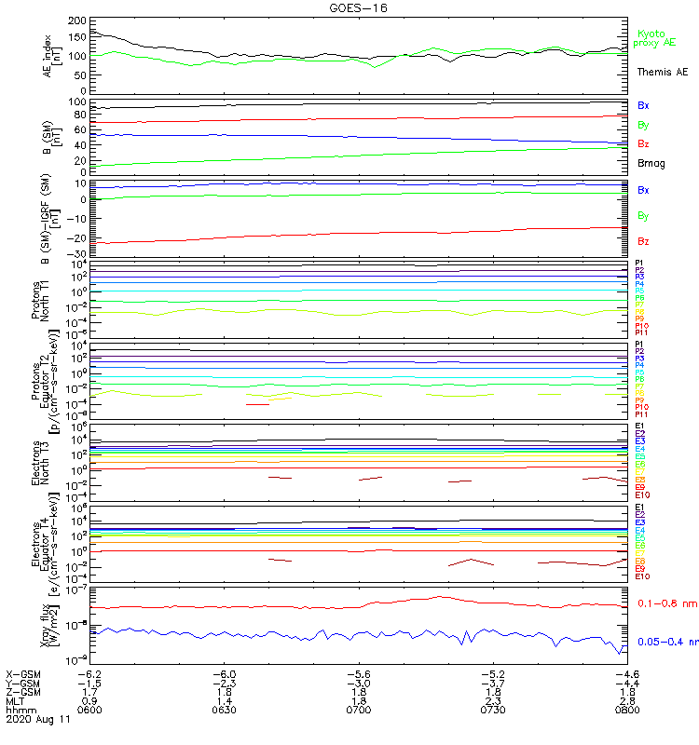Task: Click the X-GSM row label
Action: tap(23, 673)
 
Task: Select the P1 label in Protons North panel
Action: tap(640, 264)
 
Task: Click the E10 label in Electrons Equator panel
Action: tap(642, 576)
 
